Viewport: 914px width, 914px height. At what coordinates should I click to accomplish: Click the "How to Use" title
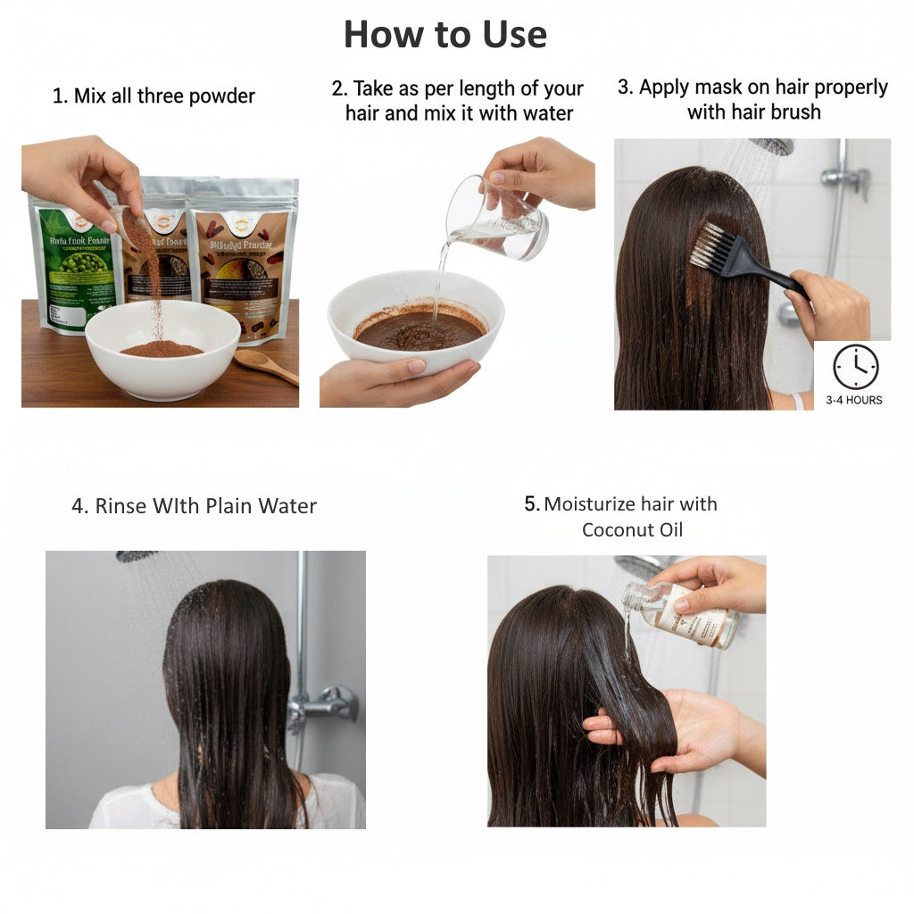[445, 35]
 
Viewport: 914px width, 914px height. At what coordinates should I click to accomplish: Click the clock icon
[855, 367]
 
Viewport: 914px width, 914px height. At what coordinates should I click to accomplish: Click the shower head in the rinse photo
[137, 556]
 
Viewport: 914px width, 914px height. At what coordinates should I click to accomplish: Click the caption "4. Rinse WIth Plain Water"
[194, 506]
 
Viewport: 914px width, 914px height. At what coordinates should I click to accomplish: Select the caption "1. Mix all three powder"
[154, 96]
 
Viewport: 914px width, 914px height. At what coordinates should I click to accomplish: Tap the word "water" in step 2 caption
[545, 113]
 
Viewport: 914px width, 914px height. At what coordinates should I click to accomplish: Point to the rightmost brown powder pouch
[242, 259]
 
